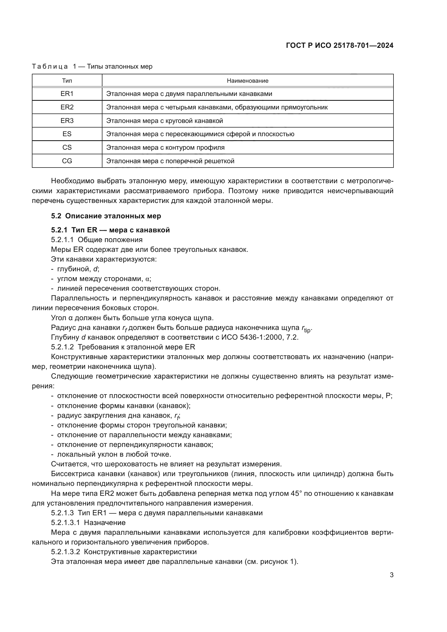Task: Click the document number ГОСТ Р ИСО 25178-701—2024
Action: (340, 45)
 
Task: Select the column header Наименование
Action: (248, 81)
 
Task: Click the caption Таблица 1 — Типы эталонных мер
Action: (92, 66)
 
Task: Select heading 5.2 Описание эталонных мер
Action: (106, 216)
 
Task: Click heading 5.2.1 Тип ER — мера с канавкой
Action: (110, 230)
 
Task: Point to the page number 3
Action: (391, 575)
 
